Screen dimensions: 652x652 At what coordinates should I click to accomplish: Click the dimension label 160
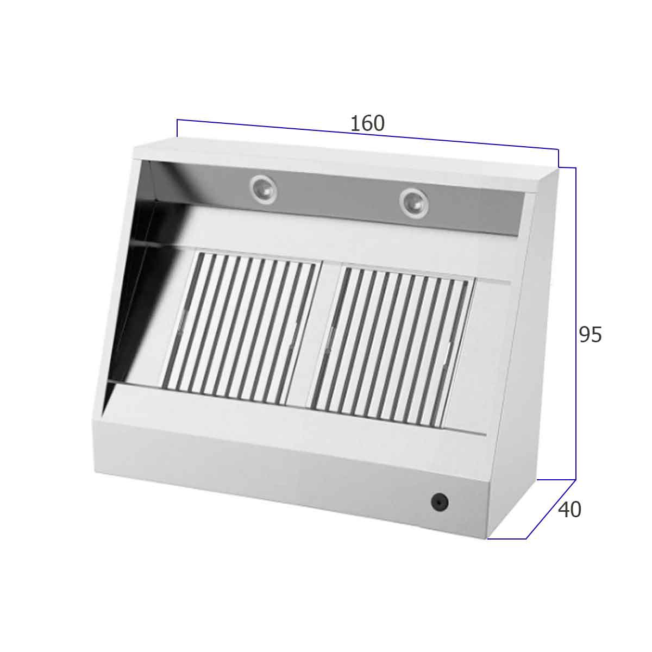[x=367, y=123]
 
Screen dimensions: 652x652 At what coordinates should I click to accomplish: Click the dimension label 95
[x=591, y=335]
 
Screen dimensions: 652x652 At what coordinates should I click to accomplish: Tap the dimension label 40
[x=569, y=510]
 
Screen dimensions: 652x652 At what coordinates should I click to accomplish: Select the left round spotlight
[x=264, y=190]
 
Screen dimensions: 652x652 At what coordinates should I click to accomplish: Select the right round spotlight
[x=413, y=203]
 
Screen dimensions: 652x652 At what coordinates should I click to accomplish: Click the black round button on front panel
[x=440, y=502]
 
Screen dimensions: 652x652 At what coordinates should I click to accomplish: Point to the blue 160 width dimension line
[x=367, y=134]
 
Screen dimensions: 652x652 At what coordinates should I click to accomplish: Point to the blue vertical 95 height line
[x=575, y=323]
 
